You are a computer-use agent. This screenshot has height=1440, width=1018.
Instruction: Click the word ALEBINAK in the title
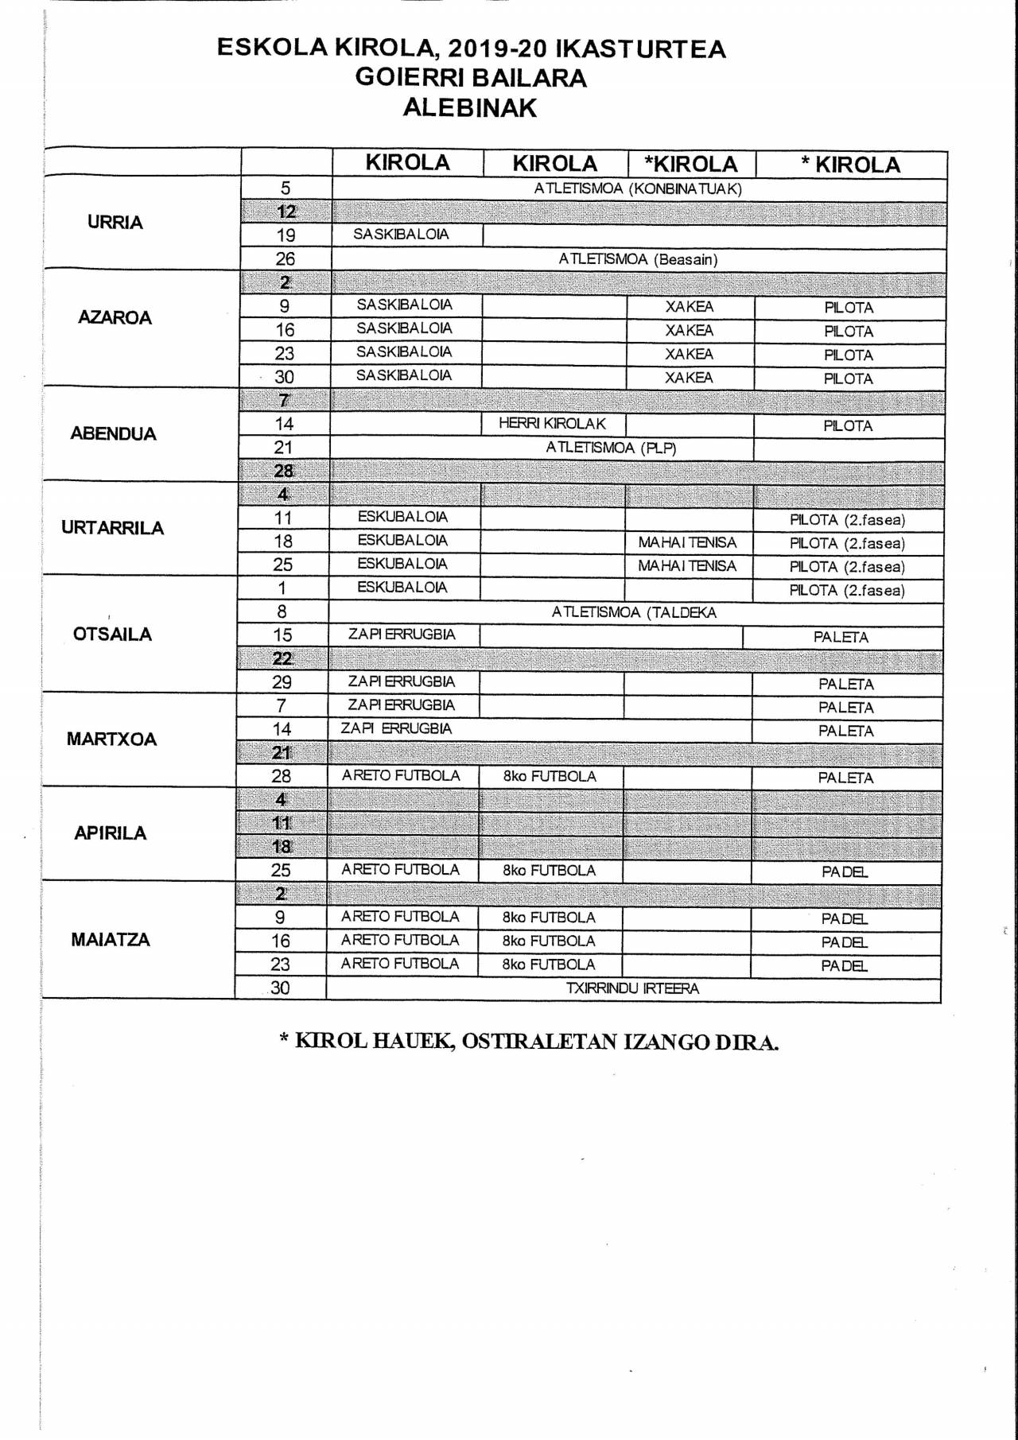pos(470,107)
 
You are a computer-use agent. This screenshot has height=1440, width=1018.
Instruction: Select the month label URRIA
pos(115,222)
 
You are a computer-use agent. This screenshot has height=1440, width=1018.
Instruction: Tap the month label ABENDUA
pos(113,433)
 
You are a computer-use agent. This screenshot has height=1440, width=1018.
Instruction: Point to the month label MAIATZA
pos(111,939)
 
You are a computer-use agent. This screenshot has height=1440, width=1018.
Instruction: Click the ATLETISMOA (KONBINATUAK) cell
pos(638,189)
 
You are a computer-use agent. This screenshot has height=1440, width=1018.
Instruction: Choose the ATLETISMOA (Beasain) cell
pos(638,259)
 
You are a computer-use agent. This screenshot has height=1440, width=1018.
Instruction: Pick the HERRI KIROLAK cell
pos(552,424)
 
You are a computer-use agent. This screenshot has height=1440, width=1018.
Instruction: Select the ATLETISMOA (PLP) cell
pos(611,448)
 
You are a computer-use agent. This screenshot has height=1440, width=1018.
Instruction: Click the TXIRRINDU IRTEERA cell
pos(632,988)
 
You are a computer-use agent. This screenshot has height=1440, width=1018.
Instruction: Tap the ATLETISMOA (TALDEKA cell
pos(634,612)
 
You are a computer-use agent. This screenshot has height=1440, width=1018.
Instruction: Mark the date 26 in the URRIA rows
pos(285,259)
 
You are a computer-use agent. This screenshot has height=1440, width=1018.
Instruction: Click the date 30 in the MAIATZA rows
pos(280,988)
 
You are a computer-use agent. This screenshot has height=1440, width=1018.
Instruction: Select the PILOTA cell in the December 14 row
pos(848,426)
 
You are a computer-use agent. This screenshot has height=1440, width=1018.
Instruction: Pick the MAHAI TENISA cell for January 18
pos(687,543)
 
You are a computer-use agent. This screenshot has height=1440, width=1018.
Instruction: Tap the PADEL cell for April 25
pos(845,871)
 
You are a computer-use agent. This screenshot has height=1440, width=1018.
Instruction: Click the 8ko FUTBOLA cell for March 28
pos(550,776)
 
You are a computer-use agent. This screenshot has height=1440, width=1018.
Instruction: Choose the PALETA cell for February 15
pos(841,637)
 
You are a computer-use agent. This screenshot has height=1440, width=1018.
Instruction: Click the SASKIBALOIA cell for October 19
pos(401,235)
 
